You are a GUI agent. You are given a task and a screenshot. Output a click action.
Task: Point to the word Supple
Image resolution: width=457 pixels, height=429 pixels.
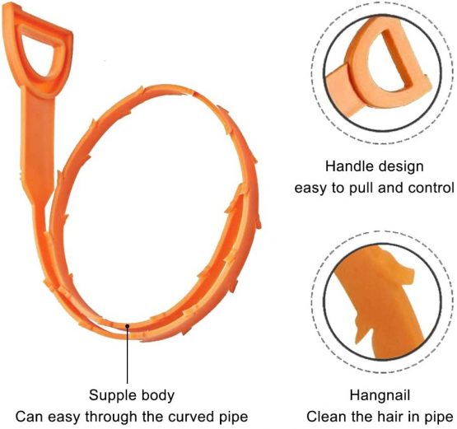(113, 396)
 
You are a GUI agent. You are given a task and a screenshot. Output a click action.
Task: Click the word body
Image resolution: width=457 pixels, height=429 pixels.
(158, 396)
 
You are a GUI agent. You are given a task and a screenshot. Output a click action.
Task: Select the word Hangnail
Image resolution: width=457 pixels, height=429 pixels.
(380, 396)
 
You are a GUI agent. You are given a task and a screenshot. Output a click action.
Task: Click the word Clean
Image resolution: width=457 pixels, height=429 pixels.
(324, 417)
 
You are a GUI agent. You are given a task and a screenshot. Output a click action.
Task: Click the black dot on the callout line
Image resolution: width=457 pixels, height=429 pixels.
(128, 326)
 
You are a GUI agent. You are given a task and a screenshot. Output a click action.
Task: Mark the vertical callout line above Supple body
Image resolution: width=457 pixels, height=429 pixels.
(128, 354)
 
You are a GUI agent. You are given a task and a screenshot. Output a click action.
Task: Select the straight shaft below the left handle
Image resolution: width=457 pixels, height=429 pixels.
(38, 140)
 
